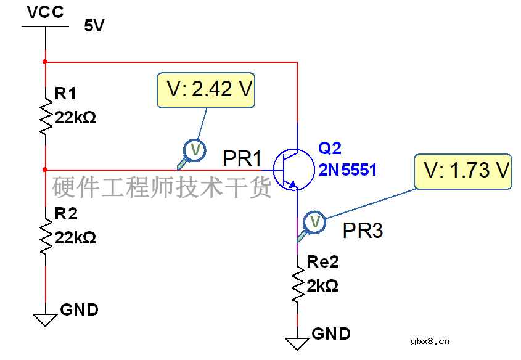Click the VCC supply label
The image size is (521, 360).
click(x=45, y=12)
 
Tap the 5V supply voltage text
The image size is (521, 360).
click(x=94, y=25)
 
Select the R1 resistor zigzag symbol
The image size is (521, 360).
click(x=46, y=117)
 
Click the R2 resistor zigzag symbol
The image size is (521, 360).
click(x=46, y=237)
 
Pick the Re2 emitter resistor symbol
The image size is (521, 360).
click(x=297, y=284)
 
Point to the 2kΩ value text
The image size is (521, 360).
click(x=322, y=285)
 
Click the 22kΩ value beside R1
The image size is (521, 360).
click(x=75, y=118)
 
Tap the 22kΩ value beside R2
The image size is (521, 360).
click(x=75, y=238)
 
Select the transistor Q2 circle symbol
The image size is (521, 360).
click(x=293, y=170)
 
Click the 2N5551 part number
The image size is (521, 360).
click(x=348, y=170)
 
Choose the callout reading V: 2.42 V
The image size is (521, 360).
click(x=206, y=91)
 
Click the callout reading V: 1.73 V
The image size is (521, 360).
click(x=463, y=171)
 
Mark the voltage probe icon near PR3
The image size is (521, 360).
click(x=311, y=226)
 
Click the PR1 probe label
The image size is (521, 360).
click(x=242, y=158)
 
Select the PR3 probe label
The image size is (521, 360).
click(x=363, y=231)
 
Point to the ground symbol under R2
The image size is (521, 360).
click(x=46, y=320)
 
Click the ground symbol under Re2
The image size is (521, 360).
click(x=297, y=344)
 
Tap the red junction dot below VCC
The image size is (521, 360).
click(x=45, y=62)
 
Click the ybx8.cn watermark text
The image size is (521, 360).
click(x=430, y=341)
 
